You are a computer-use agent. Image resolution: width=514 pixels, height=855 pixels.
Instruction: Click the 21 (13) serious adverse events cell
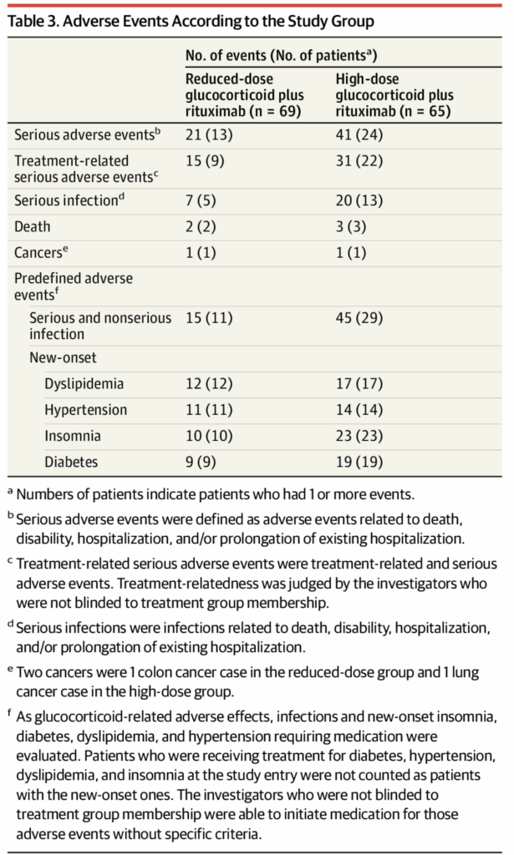tap(208, 134)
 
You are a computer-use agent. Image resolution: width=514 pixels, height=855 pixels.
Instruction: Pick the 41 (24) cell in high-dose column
tap(359, 134)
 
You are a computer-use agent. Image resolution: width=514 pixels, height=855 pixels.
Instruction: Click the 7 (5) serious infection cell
tap(201, 201)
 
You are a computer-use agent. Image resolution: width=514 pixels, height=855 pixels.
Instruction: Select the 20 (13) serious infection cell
tap(359, 201)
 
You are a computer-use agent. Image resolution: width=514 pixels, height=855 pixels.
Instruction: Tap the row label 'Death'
tap(33, 226)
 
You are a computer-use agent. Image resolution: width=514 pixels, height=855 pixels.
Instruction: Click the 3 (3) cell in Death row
tap(351, 226)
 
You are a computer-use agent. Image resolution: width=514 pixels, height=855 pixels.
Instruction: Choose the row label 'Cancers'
tap(38, 252)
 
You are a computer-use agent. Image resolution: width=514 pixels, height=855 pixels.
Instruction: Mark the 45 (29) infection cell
tap(359, 317)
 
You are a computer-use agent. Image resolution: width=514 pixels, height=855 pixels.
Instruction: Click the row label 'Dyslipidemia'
tap(84, 385)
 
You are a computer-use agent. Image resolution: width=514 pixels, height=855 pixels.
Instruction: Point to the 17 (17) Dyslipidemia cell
tap(359, 385)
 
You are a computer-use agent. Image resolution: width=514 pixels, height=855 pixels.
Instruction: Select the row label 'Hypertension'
tap(86, 410)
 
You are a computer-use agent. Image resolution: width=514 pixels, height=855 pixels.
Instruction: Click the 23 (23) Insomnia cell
tap(359, 436)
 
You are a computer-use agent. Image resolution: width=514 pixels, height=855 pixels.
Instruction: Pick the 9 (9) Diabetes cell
tap(201, 461)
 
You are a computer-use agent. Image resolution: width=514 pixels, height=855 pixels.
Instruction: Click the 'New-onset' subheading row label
tap(62, 359)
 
